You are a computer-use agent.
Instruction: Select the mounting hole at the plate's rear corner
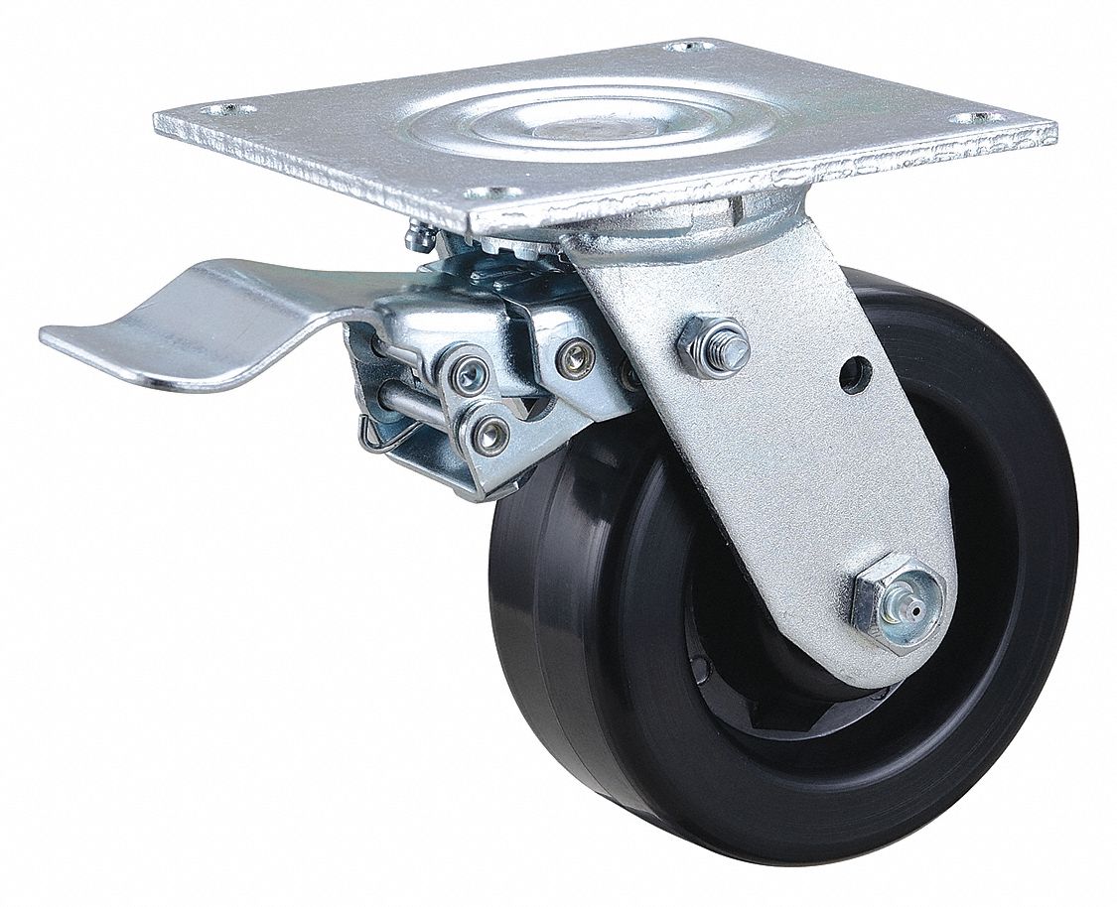pos(684,46)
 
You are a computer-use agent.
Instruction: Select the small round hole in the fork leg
pos(855,374)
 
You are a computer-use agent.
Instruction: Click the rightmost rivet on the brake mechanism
pos(577,358)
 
